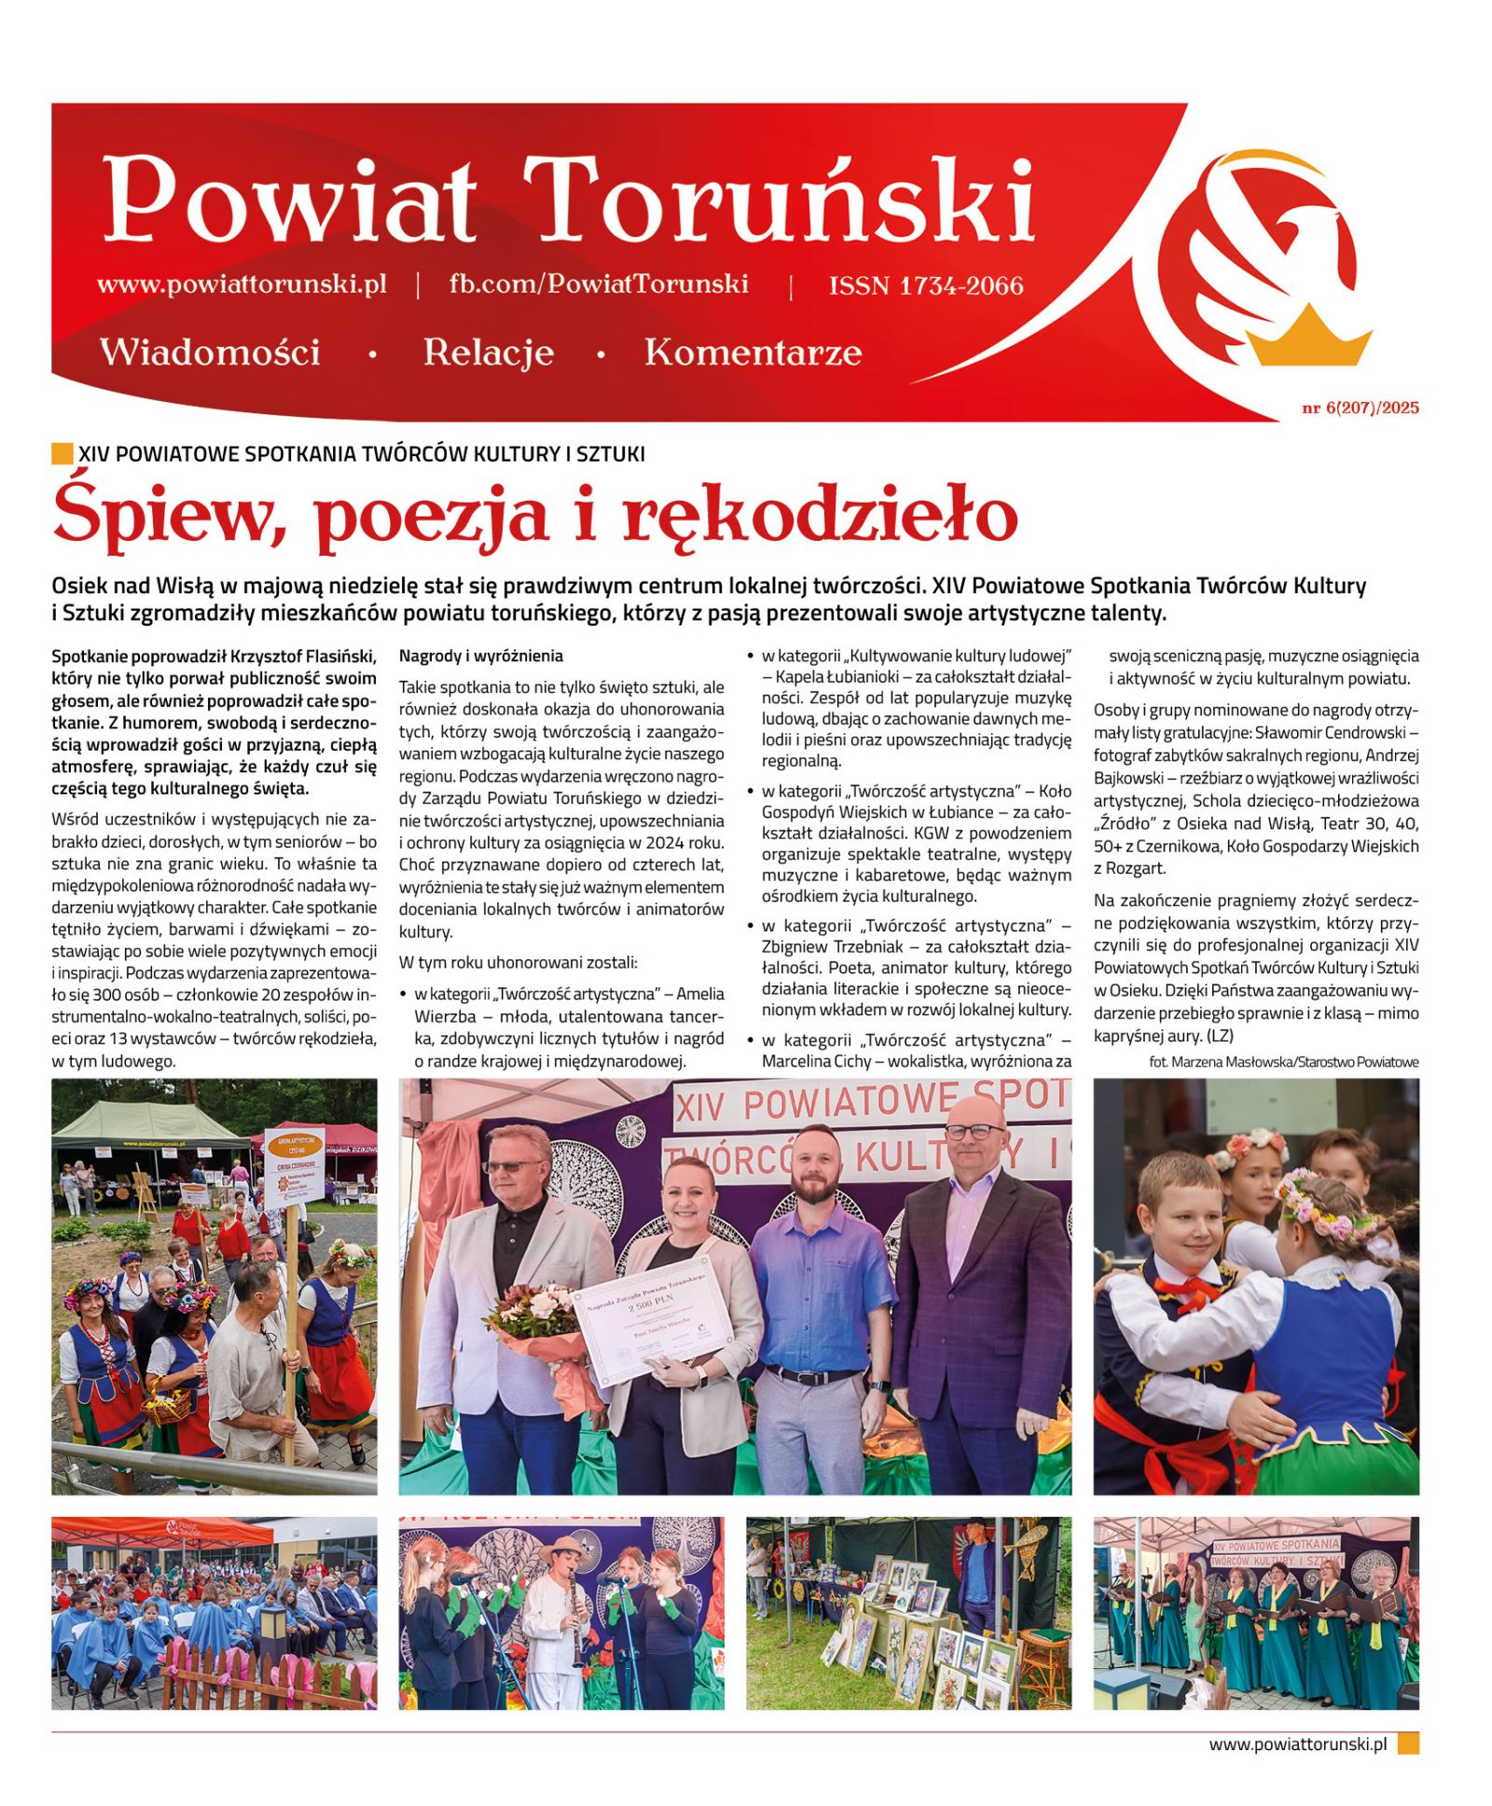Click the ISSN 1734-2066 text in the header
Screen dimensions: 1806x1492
(925, 285)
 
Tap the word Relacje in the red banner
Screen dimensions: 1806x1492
(488, 352)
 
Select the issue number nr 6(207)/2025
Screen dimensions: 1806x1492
(1360, 407)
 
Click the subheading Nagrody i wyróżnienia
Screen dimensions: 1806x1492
(480, 655)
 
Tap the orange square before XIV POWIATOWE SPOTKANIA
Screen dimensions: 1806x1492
(62, 454)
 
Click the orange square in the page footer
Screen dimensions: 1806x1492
(1407, 1743)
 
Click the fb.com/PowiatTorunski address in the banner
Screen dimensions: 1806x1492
(598, 284)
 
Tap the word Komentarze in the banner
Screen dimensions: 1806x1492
(753, 352)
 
